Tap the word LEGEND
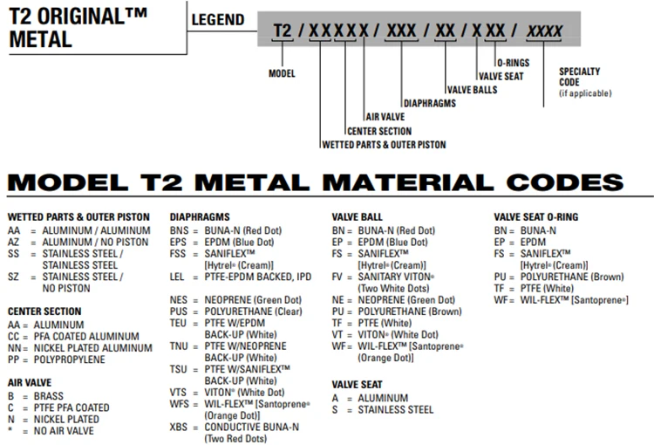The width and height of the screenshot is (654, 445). point(216,19)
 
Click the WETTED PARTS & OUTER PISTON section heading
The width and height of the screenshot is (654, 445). point(78,216)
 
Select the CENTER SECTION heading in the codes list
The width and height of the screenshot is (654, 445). point(44,311)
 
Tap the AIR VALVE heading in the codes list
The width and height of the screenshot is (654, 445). point(30,382)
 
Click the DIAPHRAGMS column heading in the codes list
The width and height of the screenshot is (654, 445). point(200,216)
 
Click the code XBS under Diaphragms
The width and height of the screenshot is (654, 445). point(179,427)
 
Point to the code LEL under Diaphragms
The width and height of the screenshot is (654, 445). point(179,277)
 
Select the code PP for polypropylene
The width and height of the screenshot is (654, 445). point(14,359)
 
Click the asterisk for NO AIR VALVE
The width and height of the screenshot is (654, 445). point(10,430)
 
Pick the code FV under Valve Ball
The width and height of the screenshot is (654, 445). point(338,277)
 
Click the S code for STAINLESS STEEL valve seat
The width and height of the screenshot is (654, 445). point(335,409)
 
